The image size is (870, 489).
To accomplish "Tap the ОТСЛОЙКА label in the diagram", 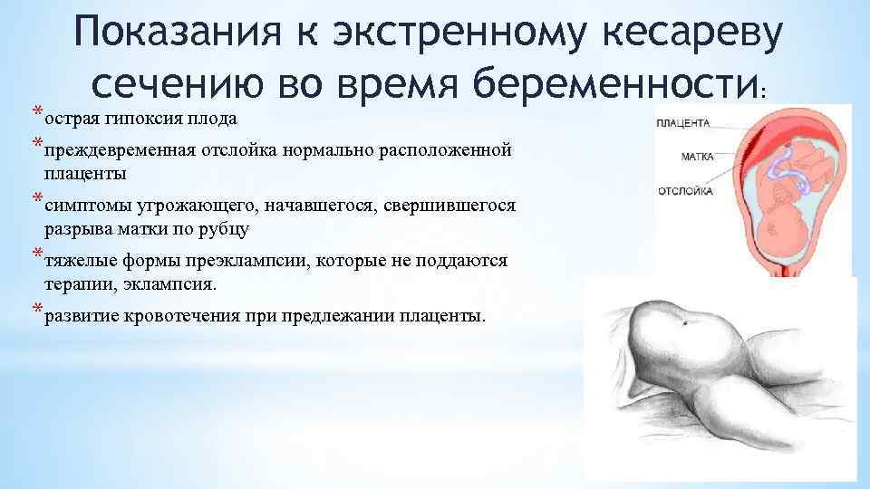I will point(687,191).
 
